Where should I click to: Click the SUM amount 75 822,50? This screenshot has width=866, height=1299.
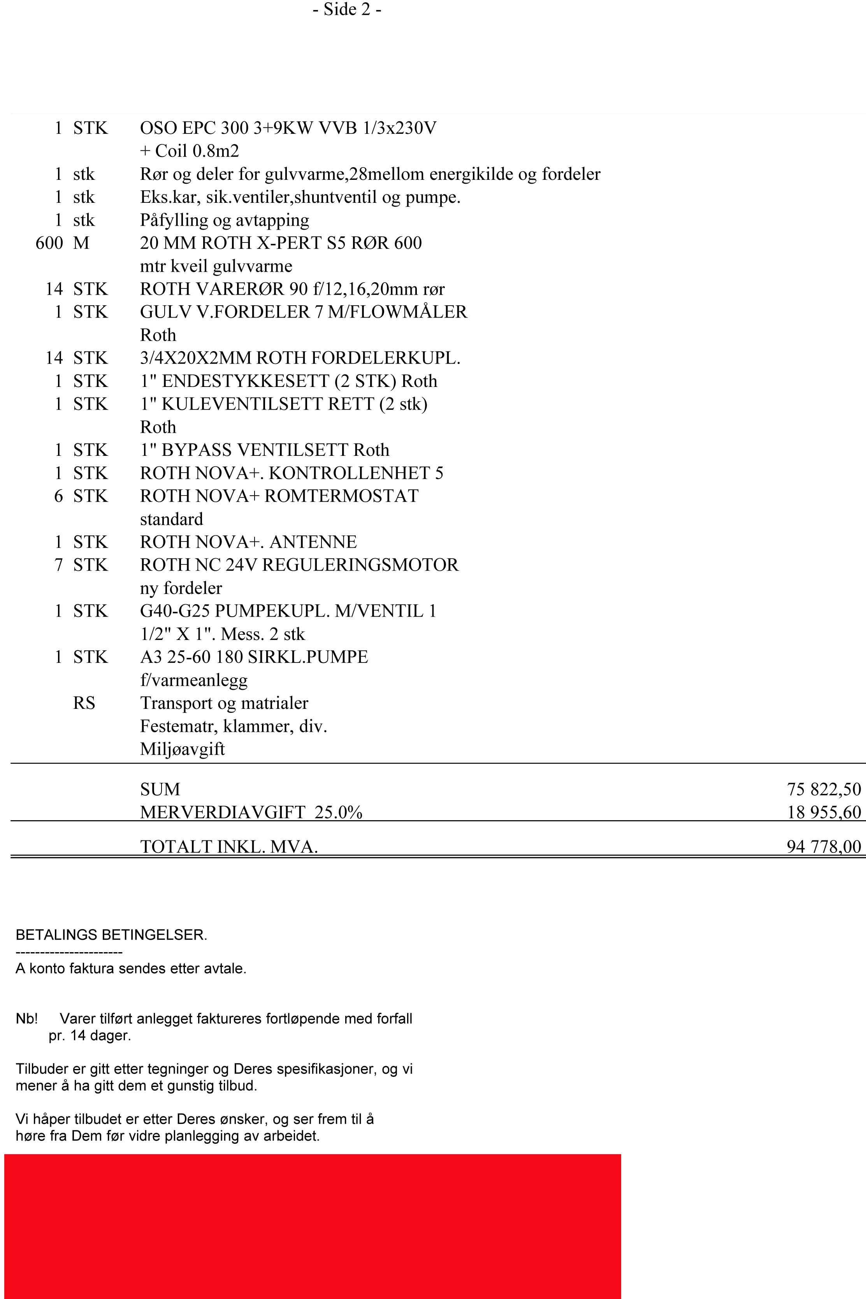pos(824,789)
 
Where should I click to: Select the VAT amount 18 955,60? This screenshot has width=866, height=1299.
pos(824,812)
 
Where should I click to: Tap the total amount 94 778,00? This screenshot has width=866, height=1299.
pos(824,846)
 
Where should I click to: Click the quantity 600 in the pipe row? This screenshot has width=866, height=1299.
pos(49,243)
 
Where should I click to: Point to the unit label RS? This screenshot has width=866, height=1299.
pos(84,703)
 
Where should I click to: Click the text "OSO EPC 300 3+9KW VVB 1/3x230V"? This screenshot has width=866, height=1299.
pos(288,128)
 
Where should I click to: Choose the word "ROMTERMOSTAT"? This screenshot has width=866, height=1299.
pos(341,496)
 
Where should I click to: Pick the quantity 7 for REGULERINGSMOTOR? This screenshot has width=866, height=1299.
pos(58,565)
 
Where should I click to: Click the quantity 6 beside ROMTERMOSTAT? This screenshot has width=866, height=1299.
pos(58,496)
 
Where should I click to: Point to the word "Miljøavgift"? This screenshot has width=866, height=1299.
pos(182,749)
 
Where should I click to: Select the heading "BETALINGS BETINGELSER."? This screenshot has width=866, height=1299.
pos(111,935)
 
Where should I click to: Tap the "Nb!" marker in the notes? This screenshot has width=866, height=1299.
pos(26,1018)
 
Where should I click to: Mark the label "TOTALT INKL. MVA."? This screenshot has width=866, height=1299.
pos(228,847)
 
